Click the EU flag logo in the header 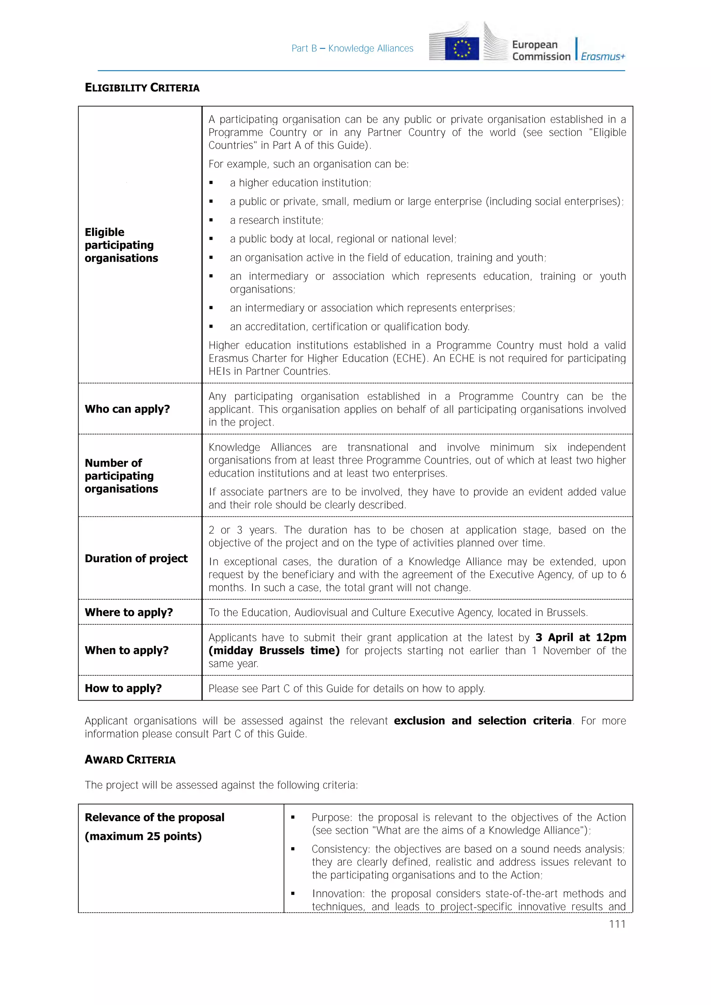click(x=462, y=48)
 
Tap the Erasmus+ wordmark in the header click(x=603, y=57)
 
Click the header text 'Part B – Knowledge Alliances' click(x=352, y=49)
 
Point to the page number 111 click(x=617, y=924)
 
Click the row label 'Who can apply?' click(x=127, y=409)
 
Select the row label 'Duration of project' click(x=136, y=558)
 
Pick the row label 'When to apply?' click(x=126, y=650)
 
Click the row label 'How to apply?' click(x=123, y=688)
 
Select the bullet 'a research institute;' click(x=276, y=220)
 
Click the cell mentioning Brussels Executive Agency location click(x=398, y=613)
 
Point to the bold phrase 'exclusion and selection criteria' click(x=483, y=720)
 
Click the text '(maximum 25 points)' click(x=143, y=836)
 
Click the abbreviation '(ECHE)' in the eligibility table click(x=409, y=358)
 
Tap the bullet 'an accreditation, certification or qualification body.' click(x=349, y=327)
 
